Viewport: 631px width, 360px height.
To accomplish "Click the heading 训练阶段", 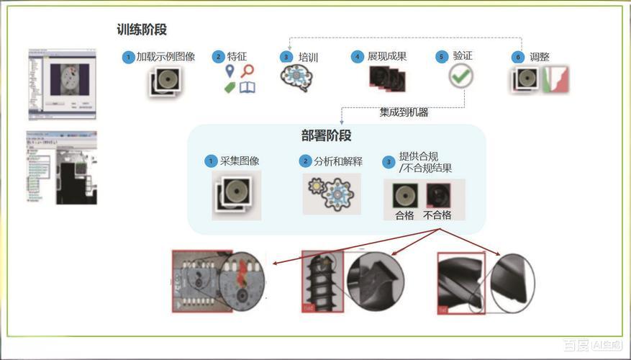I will [142, 30].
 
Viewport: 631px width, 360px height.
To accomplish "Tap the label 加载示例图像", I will [165, 56].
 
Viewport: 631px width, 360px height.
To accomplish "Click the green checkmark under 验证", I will [460, 76].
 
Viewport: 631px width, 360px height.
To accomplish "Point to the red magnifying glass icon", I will [248, 71].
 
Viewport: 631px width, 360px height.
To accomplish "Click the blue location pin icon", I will [230, 71].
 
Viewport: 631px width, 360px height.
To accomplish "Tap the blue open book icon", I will [248, 87].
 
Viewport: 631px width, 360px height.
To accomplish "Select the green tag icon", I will [230, 88].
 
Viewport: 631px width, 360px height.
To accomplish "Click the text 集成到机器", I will [404, 112].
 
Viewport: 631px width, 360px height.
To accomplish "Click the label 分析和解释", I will [337, 161].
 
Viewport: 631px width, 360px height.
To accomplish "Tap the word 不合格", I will [437, 215].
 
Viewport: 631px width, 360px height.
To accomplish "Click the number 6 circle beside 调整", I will [517, 57].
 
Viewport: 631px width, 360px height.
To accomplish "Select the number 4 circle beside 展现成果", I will [356, 56].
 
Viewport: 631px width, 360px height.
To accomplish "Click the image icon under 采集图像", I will [235, 194].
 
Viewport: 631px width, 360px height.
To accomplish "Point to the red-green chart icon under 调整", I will [555, 79].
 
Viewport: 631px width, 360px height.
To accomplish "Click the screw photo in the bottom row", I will [321, 282].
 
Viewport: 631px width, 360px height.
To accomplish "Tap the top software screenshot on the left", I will [62, 84].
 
